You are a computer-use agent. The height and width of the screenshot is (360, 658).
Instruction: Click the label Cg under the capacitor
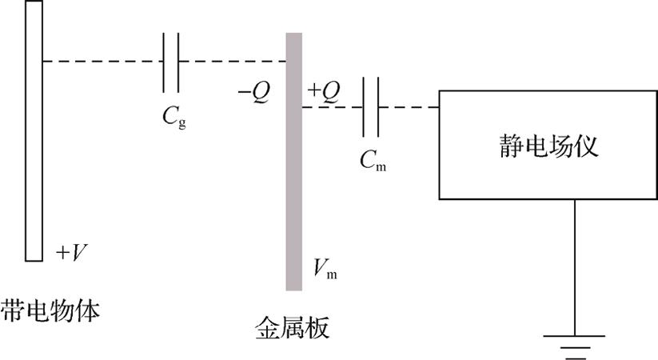click(174, 116)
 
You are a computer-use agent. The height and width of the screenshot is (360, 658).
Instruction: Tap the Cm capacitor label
click(373, 161)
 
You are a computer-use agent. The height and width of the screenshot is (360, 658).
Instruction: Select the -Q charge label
click(254, 93)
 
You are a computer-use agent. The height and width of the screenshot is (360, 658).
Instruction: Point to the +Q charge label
click(324, 93)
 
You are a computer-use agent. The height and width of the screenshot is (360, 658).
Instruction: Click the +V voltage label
click(71, 253)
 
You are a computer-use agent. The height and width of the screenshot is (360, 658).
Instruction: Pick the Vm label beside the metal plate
click(325, 269)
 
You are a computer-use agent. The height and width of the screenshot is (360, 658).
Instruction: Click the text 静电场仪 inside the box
click(548, 146)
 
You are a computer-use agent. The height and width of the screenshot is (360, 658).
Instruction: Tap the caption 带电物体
click(50, 311)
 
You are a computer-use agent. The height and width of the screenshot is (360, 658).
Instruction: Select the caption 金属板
click(293, 327)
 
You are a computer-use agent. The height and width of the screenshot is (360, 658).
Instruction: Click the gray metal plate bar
click(293, 162)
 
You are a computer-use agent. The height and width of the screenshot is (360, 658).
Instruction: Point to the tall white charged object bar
click(34, 130)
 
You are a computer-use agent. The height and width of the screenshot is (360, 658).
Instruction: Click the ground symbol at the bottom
click(574, 347)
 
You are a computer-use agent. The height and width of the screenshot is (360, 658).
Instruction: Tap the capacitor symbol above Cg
click(171, 62)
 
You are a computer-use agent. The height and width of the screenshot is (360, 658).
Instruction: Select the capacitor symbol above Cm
click(371, 107)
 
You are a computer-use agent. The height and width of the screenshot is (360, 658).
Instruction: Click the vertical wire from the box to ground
click(575, 267)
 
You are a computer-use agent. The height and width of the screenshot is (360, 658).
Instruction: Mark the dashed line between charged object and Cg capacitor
click(103, 62)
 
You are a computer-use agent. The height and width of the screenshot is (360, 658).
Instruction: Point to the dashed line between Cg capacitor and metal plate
click(233, 62)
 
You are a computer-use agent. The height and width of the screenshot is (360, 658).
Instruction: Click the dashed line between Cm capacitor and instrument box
click(409, 107)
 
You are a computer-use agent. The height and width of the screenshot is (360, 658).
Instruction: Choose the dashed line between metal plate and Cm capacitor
click(333, 107)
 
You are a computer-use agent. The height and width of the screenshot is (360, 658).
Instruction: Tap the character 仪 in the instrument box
click(586, 146)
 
